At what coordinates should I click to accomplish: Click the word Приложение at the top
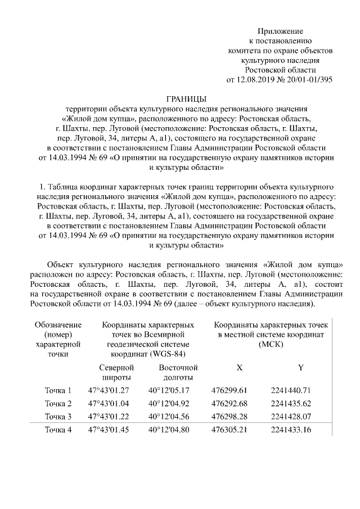coord(280,30)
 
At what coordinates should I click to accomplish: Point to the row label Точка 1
coord(58,390)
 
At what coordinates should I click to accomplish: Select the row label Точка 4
coord(58,431)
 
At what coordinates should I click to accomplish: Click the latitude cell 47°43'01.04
coord(109,404)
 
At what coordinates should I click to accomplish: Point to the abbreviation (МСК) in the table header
coord(271,344)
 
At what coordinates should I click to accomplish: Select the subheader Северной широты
coord(109,372)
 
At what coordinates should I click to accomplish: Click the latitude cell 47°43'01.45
coord(109,431)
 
